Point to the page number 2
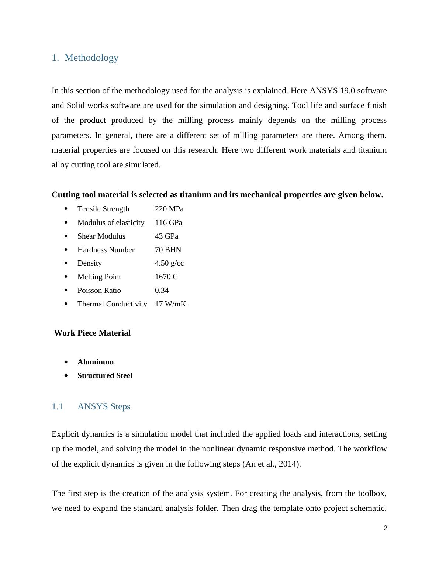pyautogui.click(x=386, y=528)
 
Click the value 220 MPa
pyautogui.click(x=169, y=209)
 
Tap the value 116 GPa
pyautogui.click(x=168, y=222)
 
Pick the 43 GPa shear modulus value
pyautogui.click(x=166, y=236)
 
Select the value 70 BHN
pyautogui.click(x=168, y=250)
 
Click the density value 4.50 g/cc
pyautogui.click(x=169, y=263)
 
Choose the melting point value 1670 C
pyautogui.click(x=166, y=277)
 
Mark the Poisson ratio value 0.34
pyautogui.click(x=162, y=290)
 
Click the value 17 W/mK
pyautogui.click(x=170, y=304)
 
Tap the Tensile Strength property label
pyautogui.click(x=103, y=209)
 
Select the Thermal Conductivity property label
pyautogui.click(x=112, y=304)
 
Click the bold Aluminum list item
pyautogui.click(x=96, y=362)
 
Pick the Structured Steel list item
pyautogui.click(x=105, y=375)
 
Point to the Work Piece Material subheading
pyautogui.click(x=92, y=333)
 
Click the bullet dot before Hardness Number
pyautogui.click(x=66, y=250)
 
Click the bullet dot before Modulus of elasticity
pyautogui.click(x=66, y=222)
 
